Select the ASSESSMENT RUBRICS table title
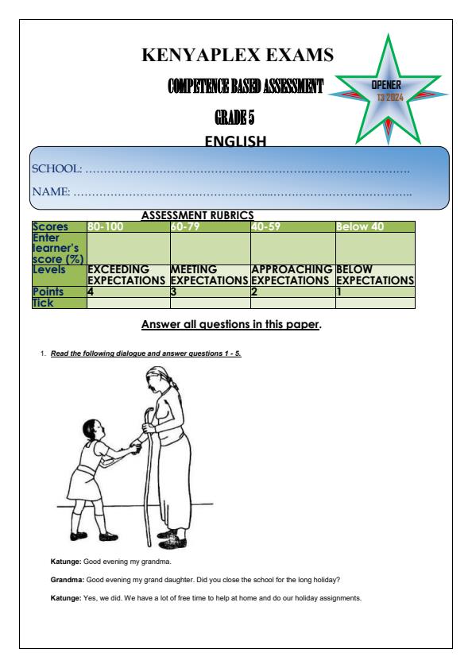(x=197, y=214)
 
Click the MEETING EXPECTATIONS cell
(x=209, y=275)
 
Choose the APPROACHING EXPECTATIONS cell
(x=292, y=275)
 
